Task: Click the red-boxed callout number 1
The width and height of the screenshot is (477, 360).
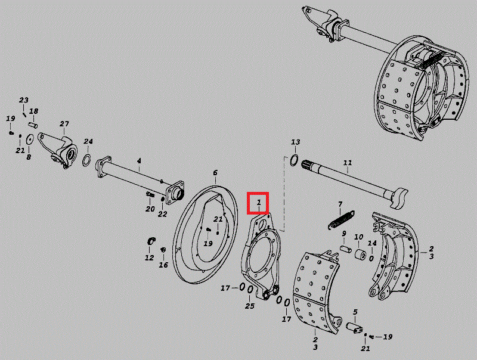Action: pyautogui.click(x=259, y=202)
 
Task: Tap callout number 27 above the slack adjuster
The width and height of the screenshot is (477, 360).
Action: pyautogui.click(x=64, y=124)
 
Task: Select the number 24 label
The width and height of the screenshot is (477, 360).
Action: pyautogui.click(x=88, y=141)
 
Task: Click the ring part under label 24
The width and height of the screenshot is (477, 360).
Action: pyautogui.click(x=87, y=160)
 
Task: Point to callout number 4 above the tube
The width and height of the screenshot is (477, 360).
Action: pyautogui.click(x=139, y=160)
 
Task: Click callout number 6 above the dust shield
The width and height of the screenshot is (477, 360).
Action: pyautogui.click(x=215, y=173)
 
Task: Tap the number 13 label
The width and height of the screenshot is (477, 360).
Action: pyautogui.click(x=295, y=142)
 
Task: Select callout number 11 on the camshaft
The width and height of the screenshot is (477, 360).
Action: pyautogui.click(x=348, y=163)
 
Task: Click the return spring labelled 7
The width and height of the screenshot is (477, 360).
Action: pyautogui.click(x=341, y=220)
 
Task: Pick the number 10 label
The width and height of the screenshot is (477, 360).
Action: pyautogui.click(x=359, y=237)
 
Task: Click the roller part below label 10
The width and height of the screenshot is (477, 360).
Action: pyautogui.click(x=361, y=254)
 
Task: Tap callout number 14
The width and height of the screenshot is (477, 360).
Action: pyautogui.click(x=372, y=243)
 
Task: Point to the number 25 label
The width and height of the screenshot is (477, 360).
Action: pyautogui.click(x=250, y=306)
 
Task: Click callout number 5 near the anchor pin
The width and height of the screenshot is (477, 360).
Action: pyautogui.click(x=355, y=312)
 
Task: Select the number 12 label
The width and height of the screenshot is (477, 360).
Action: pyautogui.click(x=149, y=258)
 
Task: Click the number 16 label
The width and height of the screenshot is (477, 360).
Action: pyautogui.click(x=163, y=265)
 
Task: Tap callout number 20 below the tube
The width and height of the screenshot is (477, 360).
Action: pyautogui.click(x=150, y=209)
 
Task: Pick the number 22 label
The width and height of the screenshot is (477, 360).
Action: pyautogui.click(x=162, y=214)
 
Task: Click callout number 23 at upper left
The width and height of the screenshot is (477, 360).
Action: pyautogui.click(x=24, y=100)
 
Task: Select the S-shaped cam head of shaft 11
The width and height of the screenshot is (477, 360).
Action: pyautogui.click(x=399, y=198)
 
